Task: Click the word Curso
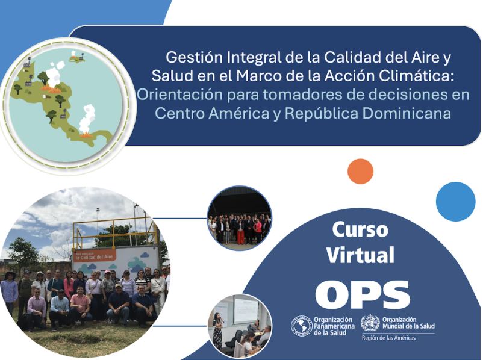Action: point(360,229)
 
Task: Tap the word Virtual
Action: point(360,254)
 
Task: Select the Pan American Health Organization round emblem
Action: point(301,326)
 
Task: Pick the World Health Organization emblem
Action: point(370,323)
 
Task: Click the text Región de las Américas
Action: point(388,338)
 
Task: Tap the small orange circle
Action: point(361,172)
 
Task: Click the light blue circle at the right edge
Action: point(455,201)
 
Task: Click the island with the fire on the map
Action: point(76,58)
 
